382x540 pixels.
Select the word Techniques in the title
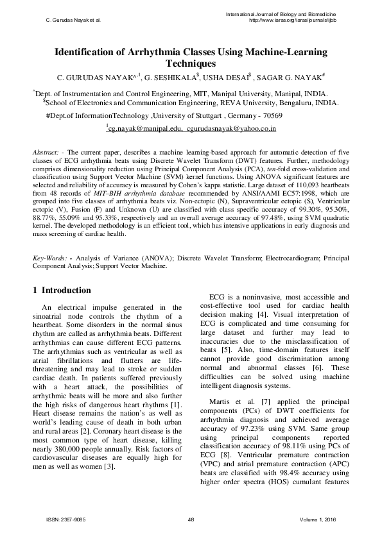pyautogui.click(x=190, y=63)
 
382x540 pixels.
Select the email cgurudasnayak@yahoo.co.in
pyautogui.click(x=231, y=129)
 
